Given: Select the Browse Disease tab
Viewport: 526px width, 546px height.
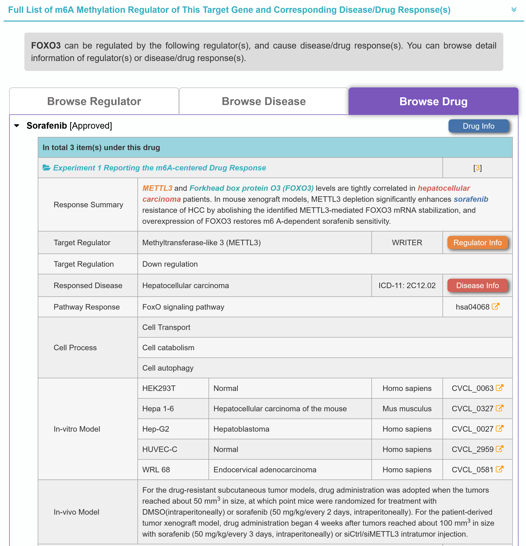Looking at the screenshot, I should point(263,101).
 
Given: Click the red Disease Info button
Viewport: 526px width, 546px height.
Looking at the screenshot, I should point(477,286).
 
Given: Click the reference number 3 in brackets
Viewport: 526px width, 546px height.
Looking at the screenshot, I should point(477,168).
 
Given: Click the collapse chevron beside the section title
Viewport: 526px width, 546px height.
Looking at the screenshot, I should point(514,10).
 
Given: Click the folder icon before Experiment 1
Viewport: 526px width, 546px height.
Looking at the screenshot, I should point(46,168).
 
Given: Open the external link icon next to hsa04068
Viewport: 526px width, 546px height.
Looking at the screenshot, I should point(495,306).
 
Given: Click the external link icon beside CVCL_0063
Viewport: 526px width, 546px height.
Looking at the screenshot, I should point(500,388).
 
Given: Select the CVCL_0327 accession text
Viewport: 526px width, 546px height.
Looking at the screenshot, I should point(472,409).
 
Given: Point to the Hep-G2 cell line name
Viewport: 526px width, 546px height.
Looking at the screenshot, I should point(156,429).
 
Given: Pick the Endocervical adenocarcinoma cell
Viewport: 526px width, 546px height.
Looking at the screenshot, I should point(265,470).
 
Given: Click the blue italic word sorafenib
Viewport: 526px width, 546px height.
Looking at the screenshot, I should point(471,199).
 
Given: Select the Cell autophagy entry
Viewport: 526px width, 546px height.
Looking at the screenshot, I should point(168,368).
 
